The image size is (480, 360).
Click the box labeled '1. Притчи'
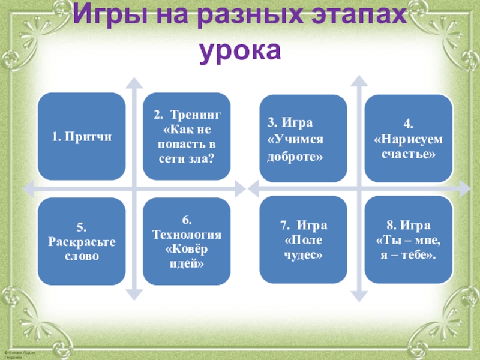[82, 137]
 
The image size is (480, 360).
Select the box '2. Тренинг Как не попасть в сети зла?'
[187, 137]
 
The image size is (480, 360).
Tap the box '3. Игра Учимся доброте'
[303, 138]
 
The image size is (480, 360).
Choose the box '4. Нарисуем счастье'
[408, 138]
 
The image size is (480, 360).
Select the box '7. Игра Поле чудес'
[303, 239]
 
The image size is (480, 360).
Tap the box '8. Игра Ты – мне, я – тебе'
[408, 239]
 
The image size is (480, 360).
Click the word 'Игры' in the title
[106, 16]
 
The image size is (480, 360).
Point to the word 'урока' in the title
[240, 51]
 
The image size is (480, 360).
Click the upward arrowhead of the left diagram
[136, 82]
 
